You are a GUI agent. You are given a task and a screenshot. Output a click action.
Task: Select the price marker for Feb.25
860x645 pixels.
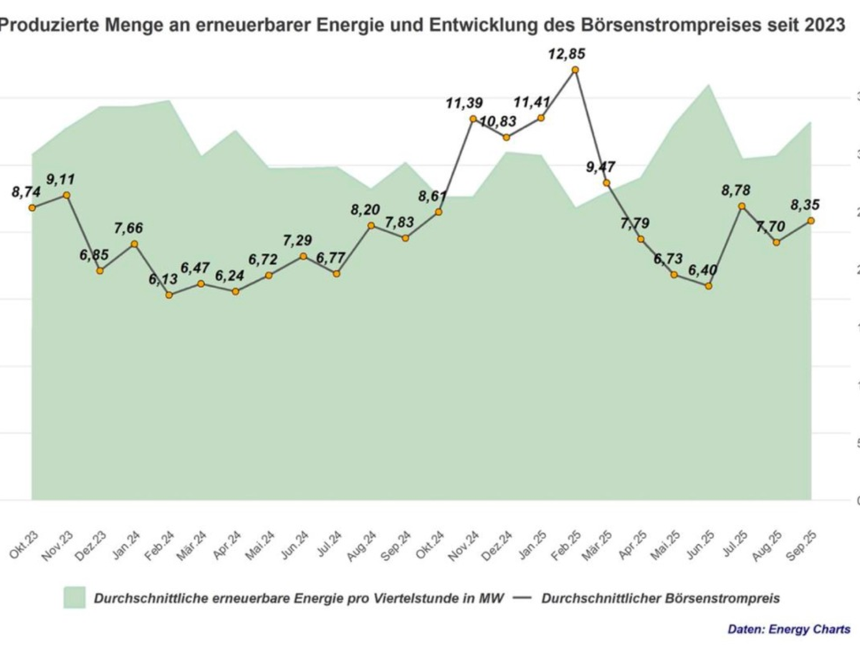pos(575,70)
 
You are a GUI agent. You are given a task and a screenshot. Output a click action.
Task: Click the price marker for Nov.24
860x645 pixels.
pos(473,119)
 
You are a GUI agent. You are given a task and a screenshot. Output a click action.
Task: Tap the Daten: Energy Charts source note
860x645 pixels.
pos(789,629)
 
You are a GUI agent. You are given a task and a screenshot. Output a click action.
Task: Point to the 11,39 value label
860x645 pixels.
pos(465,103)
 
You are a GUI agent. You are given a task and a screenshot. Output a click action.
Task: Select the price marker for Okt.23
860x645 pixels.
pos(32,208)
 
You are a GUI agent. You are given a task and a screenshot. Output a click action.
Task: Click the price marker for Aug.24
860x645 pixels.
pos(371,226)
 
